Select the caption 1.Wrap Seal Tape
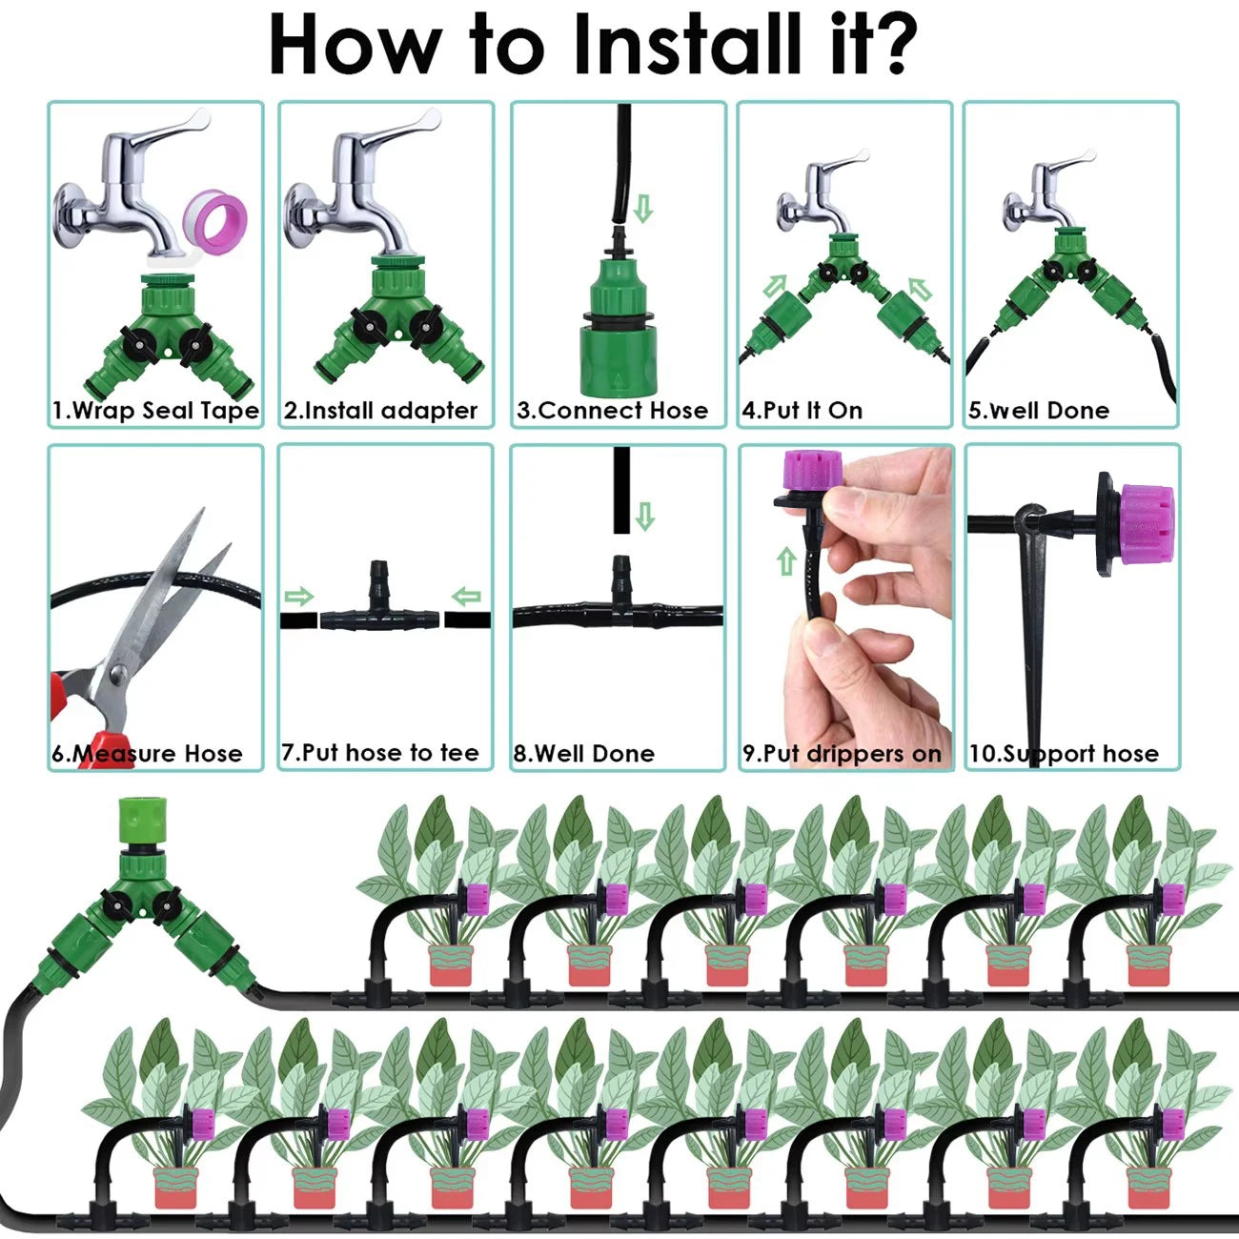[155, 411]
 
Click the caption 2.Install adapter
[380, 411]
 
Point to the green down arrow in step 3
[643, 209]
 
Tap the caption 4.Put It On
[802, 411]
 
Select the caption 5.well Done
[1038, 411]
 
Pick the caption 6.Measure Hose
[147, 754]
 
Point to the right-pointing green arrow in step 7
[298, 598]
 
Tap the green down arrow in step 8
[645, 516]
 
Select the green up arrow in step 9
[786, 561]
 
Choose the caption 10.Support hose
[1064, 754]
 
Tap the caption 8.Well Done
[583, 754]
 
